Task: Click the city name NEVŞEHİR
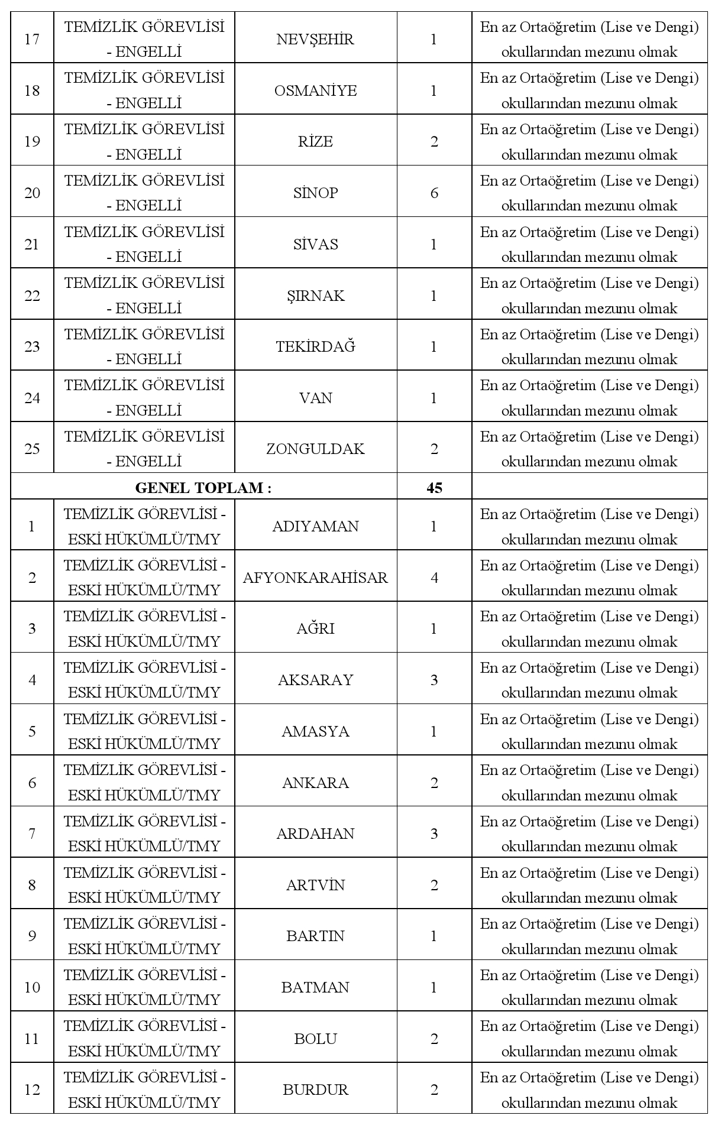315,40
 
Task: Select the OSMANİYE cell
315,90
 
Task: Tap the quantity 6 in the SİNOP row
434,193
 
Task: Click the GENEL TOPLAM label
203,488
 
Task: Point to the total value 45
434,488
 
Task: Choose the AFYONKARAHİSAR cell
315,578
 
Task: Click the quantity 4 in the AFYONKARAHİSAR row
434,578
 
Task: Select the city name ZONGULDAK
315,449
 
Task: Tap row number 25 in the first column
32,449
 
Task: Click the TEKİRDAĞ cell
315,346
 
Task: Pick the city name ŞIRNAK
315,296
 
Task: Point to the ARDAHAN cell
315,834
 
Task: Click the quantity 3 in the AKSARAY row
434,680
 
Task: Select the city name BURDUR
315,1089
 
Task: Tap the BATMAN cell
315,987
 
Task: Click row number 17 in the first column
32,40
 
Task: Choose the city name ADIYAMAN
315,526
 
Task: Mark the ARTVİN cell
315,885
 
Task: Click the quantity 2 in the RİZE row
434,142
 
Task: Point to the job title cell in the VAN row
144,397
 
